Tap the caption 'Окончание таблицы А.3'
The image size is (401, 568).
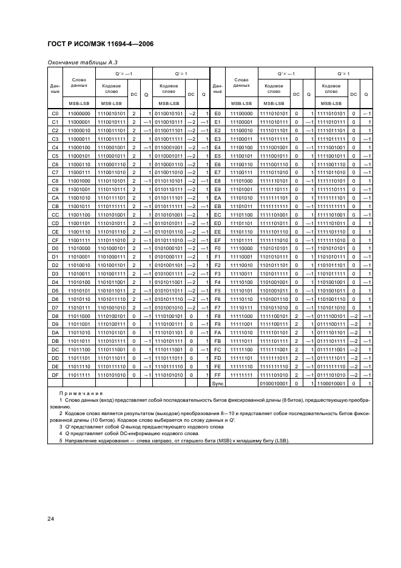pos(76,62)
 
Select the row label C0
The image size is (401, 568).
pos(55,113)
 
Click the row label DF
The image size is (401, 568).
pos(55,376)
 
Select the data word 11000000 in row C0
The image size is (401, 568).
pos(79,113)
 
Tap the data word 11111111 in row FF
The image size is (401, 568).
pos(241,376)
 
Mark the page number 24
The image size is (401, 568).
pos(51,518)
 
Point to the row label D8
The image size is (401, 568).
pos(55,316)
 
